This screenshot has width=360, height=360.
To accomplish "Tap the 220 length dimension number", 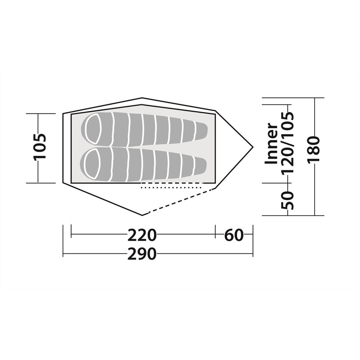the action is pyautogui.click(x=142, y=235).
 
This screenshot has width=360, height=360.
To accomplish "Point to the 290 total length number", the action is pyautogui.click(x=142, y=254).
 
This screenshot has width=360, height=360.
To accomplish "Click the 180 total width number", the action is pyautogui.click(x=314, y=150).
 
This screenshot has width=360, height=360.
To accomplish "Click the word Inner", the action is pyautogui.click(x=271, y=144).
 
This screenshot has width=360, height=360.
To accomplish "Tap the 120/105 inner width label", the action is pyautogui.click(x=287, y=142).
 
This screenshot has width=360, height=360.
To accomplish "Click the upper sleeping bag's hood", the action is pyautogui.click(x=93, y=129).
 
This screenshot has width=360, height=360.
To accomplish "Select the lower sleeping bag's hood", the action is pyautogui.click(x=93, y=163).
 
